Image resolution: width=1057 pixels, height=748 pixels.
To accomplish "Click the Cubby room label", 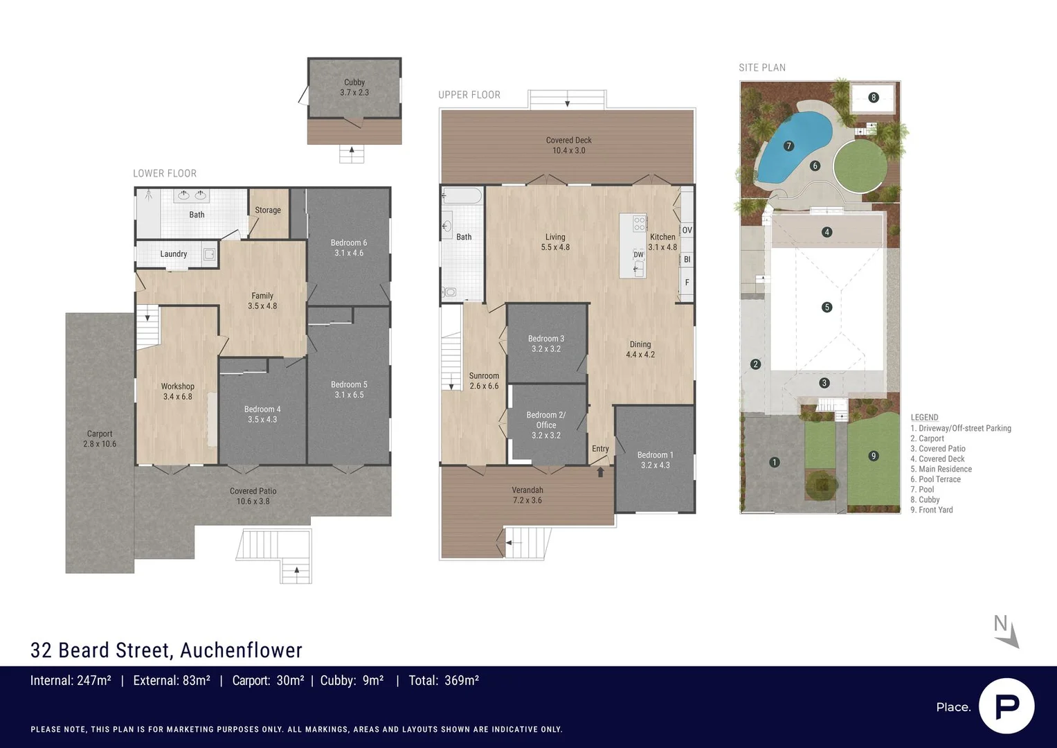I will (354, 82).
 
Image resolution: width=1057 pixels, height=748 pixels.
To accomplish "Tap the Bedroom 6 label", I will (348, 242).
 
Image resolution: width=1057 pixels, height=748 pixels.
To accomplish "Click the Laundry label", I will (173, 254).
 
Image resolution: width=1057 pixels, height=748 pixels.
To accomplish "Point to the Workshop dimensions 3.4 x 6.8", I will (177, 397).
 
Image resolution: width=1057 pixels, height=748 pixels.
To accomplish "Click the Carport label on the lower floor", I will (100, 434).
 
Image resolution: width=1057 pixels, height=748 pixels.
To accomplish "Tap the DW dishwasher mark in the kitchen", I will (638, 255).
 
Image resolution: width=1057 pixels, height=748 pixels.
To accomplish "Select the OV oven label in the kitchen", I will (687, 230).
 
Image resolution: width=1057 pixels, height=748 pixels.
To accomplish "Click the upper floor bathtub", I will (462, 196).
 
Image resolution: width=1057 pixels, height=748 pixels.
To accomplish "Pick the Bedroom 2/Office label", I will (546, 420).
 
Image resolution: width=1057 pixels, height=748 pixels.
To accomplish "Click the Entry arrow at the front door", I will (600, 472).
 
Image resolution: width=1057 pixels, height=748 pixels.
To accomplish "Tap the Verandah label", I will (527, 490).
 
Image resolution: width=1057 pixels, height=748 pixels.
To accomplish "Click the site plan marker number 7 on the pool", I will (788, 145).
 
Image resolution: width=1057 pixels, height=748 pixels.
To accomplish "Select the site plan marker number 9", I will (874, 456).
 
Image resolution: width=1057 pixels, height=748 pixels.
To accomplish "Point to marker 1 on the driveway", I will (775, 462).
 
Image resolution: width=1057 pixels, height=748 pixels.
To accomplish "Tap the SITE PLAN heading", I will (761, 68).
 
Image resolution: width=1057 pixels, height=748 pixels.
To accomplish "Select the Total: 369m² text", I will (444, 681).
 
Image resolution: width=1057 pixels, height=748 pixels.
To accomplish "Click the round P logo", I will (1006, 706).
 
